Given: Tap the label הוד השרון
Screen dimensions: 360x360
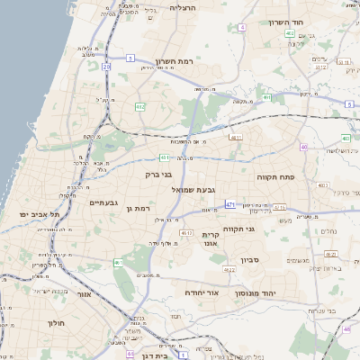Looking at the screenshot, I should [284, 22].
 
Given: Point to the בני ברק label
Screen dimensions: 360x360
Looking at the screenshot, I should [158, 175].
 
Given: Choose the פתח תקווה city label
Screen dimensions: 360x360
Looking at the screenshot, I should [288, 177].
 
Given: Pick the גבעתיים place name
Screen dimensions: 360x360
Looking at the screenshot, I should [103, 203].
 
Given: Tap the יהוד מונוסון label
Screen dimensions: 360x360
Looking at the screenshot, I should [256, 293].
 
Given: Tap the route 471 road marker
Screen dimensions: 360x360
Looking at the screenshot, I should [230, 204].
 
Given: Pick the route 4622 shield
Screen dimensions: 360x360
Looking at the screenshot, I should [229, 268].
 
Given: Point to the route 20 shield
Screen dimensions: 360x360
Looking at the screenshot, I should [106, 66].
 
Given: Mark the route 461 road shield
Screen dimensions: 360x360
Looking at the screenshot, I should [118, 263].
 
